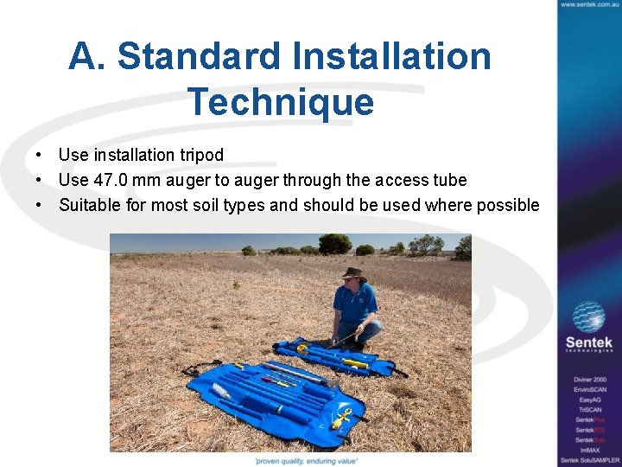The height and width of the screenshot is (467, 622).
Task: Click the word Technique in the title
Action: [x=281, y=102]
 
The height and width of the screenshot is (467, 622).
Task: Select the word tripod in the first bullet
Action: [x=201, y=155]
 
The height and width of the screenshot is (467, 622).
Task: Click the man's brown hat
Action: [x=352, y=272]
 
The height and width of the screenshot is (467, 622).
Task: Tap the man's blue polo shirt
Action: [x=355, y=302]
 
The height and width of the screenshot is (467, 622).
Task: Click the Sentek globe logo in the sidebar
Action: [x=589, y=317]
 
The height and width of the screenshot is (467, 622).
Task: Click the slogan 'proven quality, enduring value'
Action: [x=306, y=461]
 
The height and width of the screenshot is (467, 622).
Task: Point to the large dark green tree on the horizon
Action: [x=335, y=244]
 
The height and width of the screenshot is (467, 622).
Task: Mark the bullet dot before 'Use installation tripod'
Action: [x=41, y=155]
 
